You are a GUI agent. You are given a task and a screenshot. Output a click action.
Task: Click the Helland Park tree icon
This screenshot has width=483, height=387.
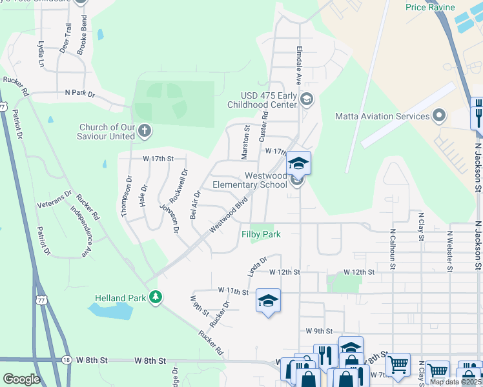[155, 297]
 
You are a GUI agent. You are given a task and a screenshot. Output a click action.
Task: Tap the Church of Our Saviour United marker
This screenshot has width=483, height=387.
[145, 132]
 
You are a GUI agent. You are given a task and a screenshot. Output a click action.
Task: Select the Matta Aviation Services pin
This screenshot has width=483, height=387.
[440, 116]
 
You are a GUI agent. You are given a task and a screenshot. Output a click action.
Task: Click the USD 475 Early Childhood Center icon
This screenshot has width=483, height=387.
[306, 99]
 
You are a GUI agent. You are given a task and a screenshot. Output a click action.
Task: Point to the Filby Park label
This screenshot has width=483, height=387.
[261, 235]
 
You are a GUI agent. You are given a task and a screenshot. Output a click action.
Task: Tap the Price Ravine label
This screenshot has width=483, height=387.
[430, 8]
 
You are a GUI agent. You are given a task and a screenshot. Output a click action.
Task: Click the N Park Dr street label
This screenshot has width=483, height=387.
[80, 94]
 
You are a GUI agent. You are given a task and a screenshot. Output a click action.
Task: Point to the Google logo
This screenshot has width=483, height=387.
[21, 379]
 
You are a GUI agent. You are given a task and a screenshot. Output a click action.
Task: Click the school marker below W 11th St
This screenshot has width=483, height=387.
[268, 301]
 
